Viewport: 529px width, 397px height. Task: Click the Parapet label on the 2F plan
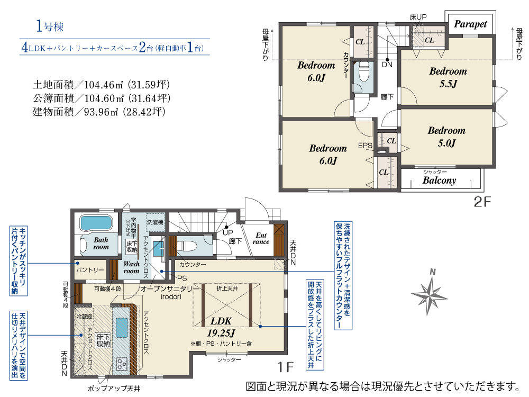coord(470,24)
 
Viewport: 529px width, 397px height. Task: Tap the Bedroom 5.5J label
coord(448,77)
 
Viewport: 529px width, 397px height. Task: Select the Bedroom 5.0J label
coord(446,137)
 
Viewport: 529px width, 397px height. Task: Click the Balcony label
coord(439,181)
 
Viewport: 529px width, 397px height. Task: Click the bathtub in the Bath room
coord(96,223)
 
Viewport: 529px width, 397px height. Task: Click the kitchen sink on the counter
coord(121,327)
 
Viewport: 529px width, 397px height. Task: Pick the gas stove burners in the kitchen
coord(122,364)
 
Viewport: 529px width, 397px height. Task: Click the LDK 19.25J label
coord(221,327)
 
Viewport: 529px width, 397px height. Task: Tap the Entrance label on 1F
coord(261,238)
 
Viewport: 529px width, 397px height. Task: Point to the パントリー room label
coord(90,270)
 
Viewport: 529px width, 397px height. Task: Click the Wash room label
coord(131,267)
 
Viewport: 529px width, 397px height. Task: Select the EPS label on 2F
coord(365,146)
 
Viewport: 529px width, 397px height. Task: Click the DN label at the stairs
coord(387,65)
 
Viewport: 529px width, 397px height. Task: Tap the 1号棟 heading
coord(50,26)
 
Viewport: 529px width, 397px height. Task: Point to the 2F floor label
coord(482,202)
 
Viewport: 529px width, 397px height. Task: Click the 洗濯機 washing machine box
coord(155,222)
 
